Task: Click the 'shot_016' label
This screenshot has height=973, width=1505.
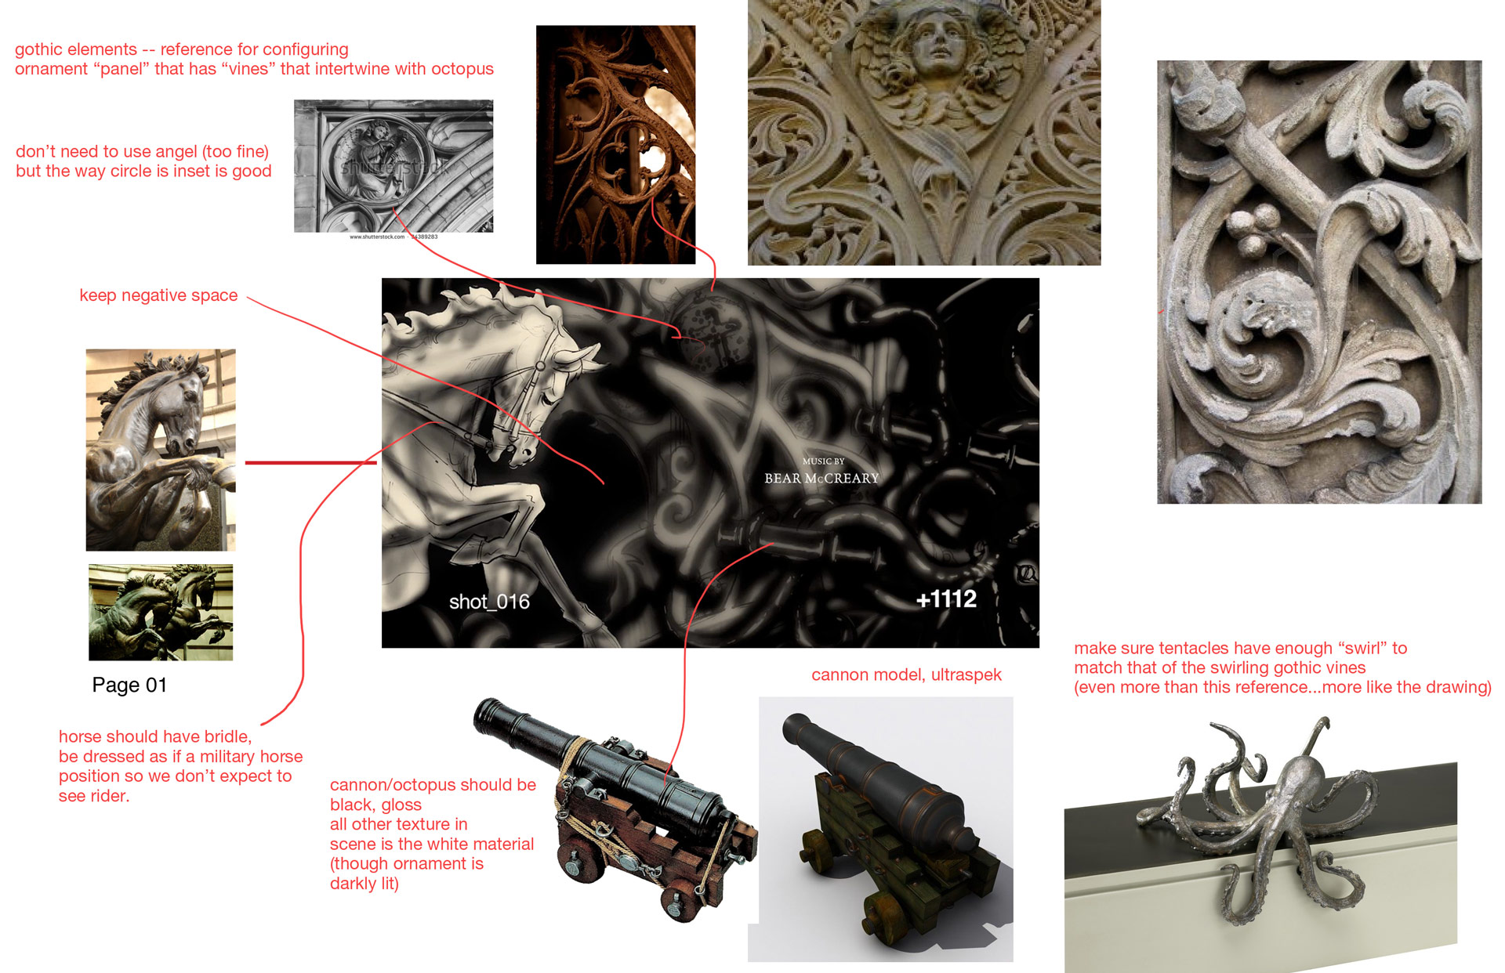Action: click(x=489, y=602)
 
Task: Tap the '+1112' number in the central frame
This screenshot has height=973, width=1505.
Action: click(x=946, y=599)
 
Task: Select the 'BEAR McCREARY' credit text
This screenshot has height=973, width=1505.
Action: click(x=821, y=478)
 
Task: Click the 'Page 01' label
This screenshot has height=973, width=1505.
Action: click(x=129, y=685)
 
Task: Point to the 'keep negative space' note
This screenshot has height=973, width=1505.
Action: click(x=158, y=295)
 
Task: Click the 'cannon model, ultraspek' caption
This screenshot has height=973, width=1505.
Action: click(x=906, y=675)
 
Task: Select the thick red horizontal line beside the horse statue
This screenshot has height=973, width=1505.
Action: click(x=311, y=463)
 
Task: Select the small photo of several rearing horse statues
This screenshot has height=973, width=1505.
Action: click(x=161, y=612)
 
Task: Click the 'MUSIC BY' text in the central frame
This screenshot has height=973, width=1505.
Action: click(x=823, y=461)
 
